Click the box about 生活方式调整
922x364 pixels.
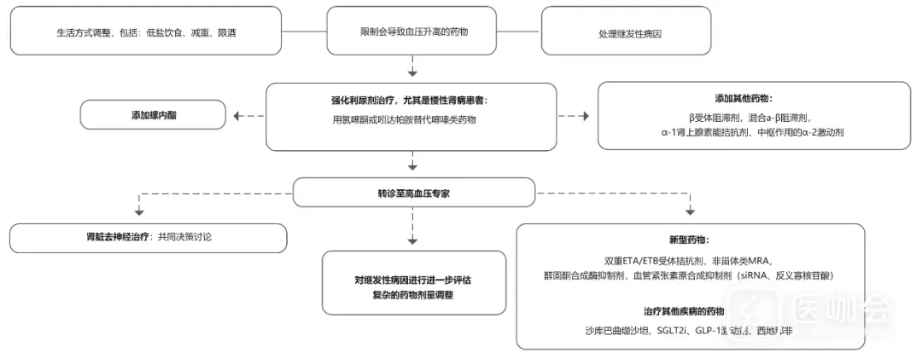146,32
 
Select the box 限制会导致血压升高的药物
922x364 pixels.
413,31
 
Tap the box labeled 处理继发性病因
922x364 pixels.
631,32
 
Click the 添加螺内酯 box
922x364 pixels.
154,114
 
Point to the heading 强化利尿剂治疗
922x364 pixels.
413,101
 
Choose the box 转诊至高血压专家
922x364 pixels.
414,193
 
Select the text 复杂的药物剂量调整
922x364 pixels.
414,294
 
